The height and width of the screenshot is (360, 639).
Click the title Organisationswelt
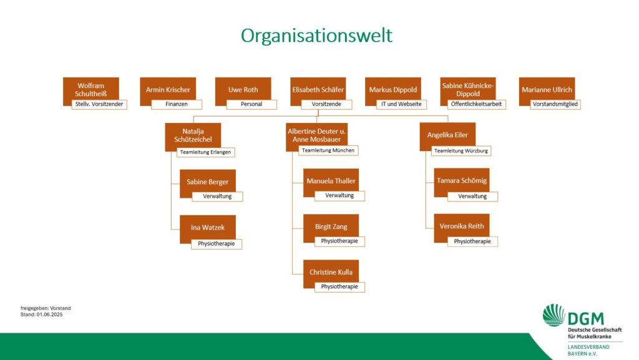point(316,36)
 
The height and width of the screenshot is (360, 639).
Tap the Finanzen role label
point(177,104)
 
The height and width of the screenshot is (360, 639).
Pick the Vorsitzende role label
point(326,104)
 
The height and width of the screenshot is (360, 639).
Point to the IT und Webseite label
point(401,104)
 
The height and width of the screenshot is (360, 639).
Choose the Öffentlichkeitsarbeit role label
point(476,104)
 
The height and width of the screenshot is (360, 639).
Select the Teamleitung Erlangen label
point(205,152)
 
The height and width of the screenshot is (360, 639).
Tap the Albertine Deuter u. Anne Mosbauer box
point(316,135)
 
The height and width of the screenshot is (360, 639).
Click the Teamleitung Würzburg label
point(461,151)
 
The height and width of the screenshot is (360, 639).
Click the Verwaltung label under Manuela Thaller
point(339,196)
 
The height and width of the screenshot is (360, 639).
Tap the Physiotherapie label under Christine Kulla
point(339,287)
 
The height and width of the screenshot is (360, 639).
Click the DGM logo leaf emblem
point(554,315)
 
